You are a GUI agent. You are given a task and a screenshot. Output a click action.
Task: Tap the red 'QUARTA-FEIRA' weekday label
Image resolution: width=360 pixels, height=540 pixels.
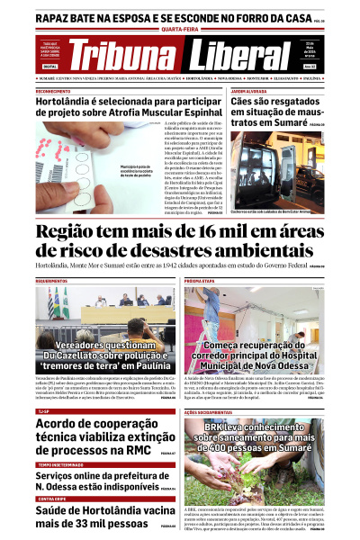pyautogui.click(x=180, y=29)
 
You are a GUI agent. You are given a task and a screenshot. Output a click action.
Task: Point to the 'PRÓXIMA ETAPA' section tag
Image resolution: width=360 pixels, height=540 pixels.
pyautogui.click(x=200, y=281)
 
